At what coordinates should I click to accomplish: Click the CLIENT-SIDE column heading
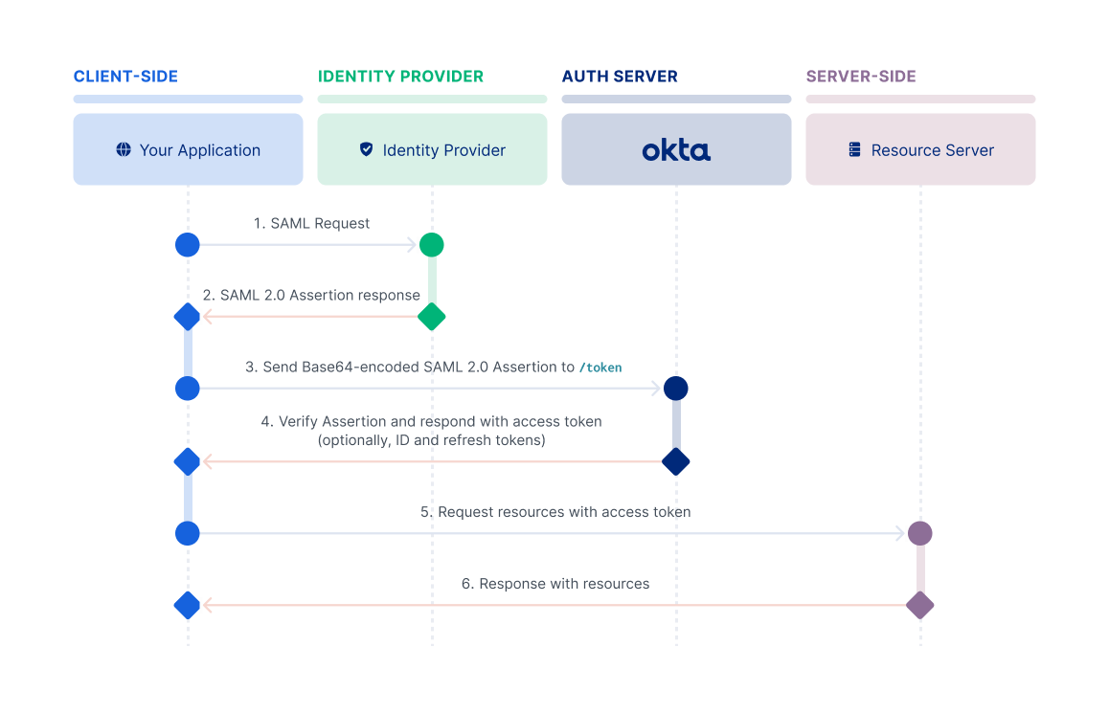[125, 77]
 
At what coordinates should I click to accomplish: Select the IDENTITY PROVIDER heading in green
[400, 77]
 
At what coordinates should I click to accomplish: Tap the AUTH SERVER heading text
[619, 77]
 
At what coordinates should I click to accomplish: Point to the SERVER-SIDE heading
[861, 77]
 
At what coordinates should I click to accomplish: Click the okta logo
[676, 150]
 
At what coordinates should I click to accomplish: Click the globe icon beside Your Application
[123, 150]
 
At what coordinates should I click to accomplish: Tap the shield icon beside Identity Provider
[366, 150]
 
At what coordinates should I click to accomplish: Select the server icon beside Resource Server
[855, 150]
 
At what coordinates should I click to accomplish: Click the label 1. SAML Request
[311, 223]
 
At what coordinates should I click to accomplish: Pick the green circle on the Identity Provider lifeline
[432, 245]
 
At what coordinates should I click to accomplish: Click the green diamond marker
[432, 317]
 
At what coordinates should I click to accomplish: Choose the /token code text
[600, 368]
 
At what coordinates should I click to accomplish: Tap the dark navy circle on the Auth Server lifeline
[676, 389]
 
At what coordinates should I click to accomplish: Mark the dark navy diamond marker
[676, 461]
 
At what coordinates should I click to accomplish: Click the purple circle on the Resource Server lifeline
[919, 533]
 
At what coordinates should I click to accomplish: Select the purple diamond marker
[919, 605]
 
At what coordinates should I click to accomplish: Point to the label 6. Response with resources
[555, 584]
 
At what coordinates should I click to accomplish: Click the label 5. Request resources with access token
[555, 512]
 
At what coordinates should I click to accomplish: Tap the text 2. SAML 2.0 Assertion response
[311, 295]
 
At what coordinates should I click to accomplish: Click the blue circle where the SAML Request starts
[188, 245]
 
